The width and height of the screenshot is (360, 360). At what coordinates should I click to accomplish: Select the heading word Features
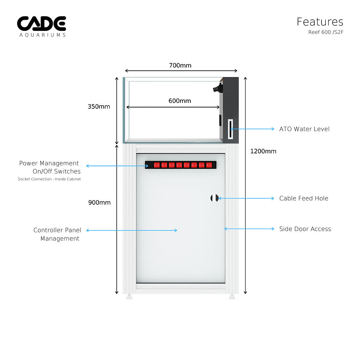[x=320, y=21]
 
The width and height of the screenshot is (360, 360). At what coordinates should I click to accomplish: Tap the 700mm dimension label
[x=180, y=66]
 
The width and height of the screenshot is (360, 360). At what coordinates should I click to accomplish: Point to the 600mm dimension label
[x=180, y=101]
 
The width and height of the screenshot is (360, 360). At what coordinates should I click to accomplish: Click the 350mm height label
[x=99, y=107]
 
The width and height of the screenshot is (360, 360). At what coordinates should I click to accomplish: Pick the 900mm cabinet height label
[x=99, y=203]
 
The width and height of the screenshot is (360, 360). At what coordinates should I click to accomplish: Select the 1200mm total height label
[x=264, y=151]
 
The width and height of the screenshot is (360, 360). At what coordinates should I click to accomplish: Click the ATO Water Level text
[x=304, y=129]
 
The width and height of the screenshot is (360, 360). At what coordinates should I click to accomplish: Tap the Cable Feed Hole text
[x=303, y=198]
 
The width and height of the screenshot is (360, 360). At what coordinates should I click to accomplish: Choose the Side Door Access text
[x=305, y=229]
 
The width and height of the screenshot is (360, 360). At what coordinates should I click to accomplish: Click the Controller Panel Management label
[x=57, y=234]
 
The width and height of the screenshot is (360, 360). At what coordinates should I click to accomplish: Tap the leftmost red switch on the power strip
[x=157, y=165]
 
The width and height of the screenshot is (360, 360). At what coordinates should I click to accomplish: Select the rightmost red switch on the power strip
[x=209, y=165]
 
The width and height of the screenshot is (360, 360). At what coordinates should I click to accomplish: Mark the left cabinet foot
[x=129, y=297]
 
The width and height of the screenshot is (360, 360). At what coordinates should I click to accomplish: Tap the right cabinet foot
[x=232, y=297]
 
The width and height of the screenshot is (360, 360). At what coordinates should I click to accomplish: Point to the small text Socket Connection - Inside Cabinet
[x=49, y=179]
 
